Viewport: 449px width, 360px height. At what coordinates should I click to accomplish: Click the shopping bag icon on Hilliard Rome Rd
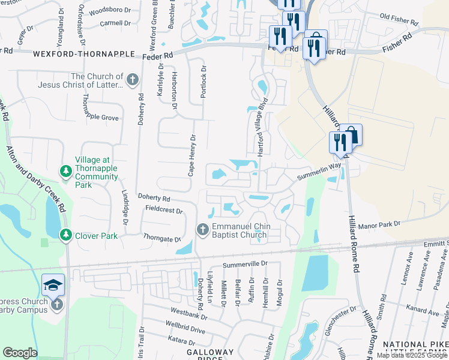tap(351, 135)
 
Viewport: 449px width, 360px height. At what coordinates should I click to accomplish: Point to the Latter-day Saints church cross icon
tap(133, 80)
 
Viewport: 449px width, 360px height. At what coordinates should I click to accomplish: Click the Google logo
tap(20, 353)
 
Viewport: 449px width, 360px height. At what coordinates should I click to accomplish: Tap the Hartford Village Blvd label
tap(262, 128)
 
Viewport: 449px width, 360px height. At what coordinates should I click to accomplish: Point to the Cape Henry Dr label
tap(191, 155)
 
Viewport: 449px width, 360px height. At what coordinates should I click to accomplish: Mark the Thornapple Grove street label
tap(100, 118)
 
